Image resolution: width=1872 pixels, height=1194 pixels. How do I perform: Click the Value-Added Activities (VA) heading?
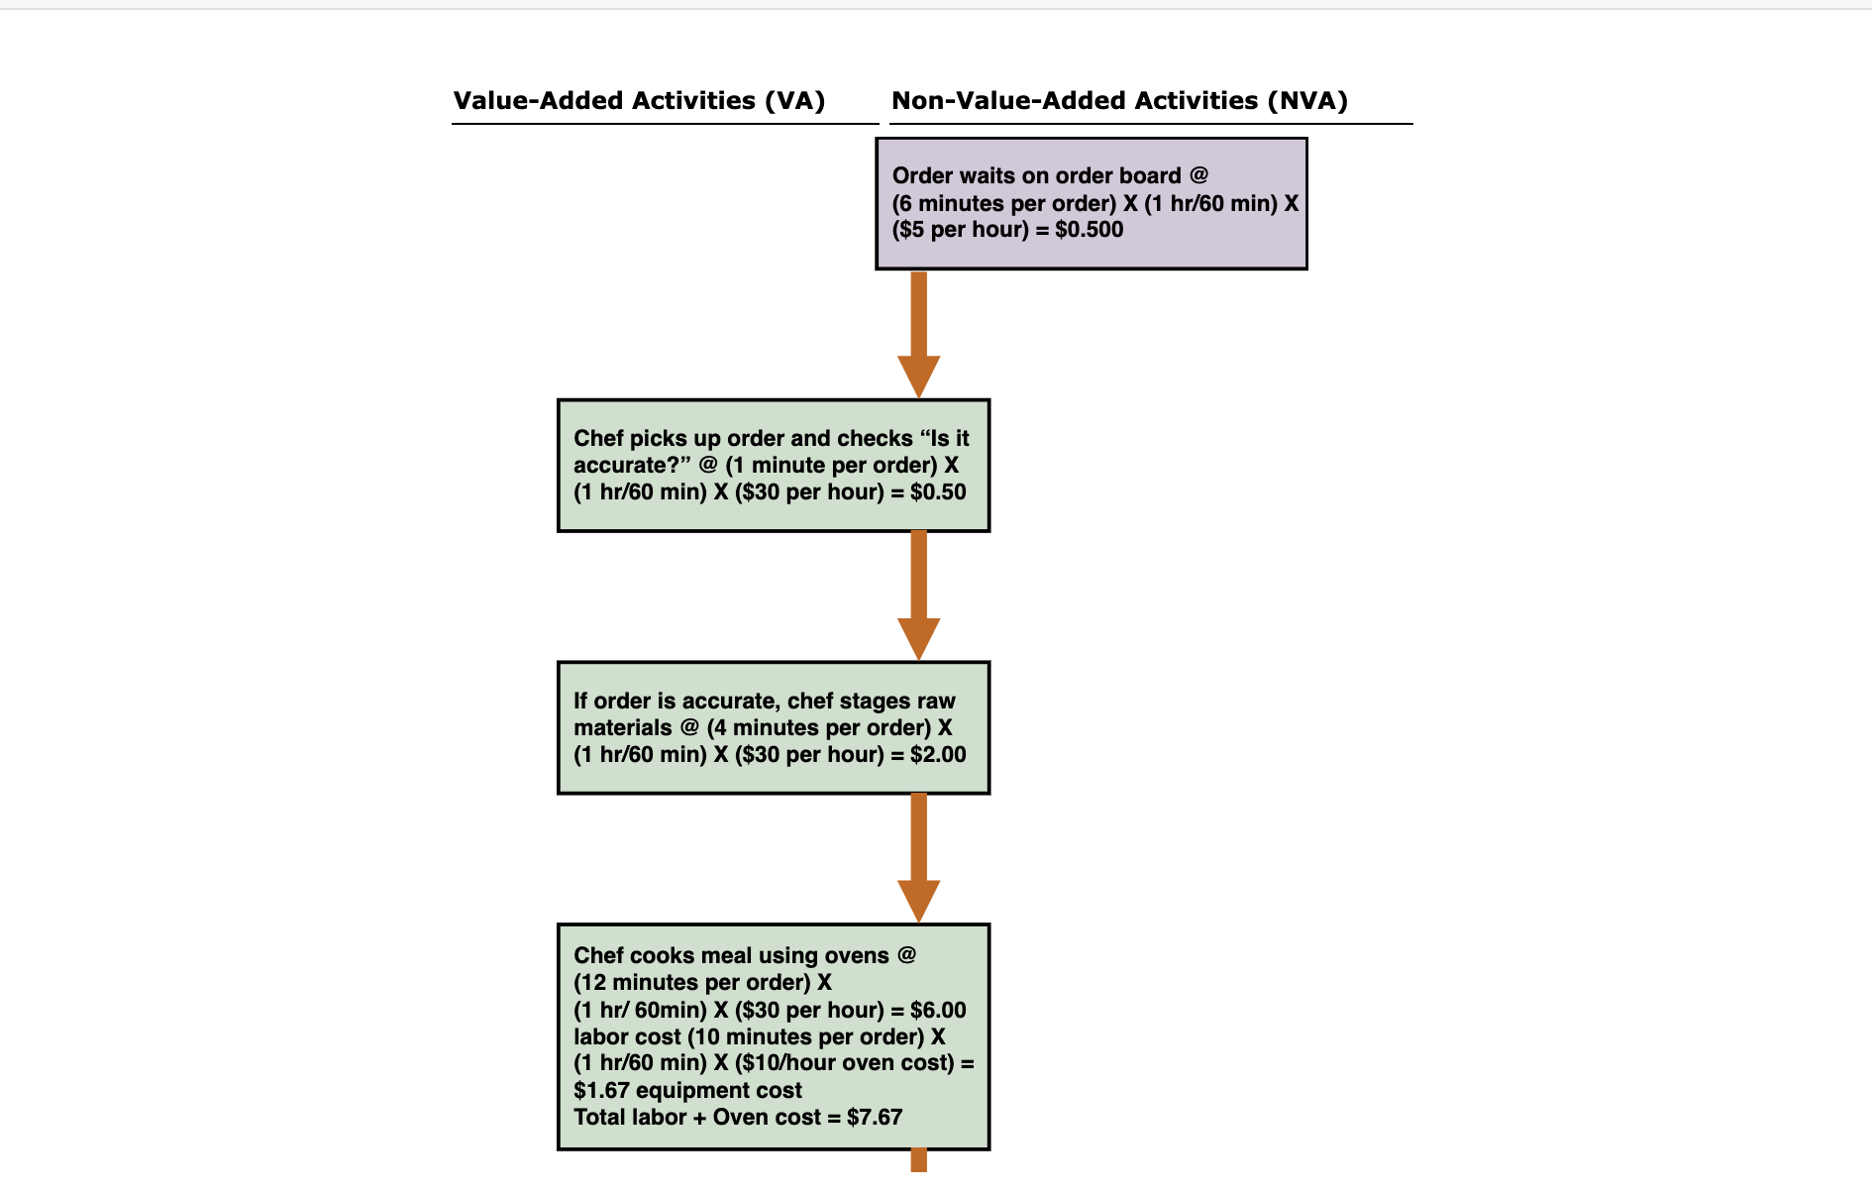coord(639,101)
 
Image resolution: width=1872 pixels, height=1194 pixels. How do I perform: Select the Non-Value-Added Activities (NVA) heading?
coord(1119,101)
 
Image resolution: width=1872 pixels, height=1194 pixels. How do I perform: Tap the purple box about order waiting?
coord(1091,203)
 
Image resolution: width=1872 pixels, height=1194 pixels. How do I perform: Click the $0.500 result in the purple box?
coord(1090,230)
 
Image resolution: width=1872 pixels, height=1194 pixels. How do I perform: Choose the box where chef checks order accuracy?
coord(773,466)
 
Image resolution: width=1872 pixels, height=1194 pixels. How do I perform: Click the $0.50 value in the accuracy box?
coord(938,492)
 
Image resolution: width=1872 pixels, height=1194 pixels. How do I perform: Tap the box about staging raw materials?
coord(773,727)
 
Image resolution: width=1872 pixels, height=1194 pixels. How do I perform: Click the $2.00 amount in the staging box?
coord(938,755)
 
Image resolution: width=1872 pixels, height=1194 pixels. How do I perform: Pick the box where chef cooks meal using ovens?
coord(773,1036)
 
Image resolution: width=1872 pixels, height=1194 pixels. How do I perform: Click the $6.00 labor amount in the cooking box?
coord(938,1011)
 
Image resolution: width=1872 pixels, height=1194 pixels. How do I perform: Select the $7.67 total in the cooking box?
coord(875,1118)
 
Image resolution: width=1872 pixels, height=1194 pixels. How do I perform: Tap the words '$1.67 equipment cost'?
coord(687,1091)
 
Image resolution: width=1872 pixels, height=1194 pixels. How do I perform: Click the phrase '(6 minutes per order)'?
coord(1004,204)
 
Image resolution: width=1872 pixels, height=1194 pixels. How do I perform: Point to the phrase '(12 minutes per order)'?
coord(692,983)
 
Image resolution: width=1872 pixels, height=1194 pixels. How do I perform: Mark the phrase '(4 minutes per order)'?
coord(819,728)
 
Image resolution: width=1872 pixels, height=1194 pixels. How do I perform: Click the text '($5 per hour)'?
coord(961,230)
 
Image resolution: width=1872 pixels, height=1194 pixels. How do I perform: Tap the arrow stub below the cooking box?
coord(919,1160)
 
